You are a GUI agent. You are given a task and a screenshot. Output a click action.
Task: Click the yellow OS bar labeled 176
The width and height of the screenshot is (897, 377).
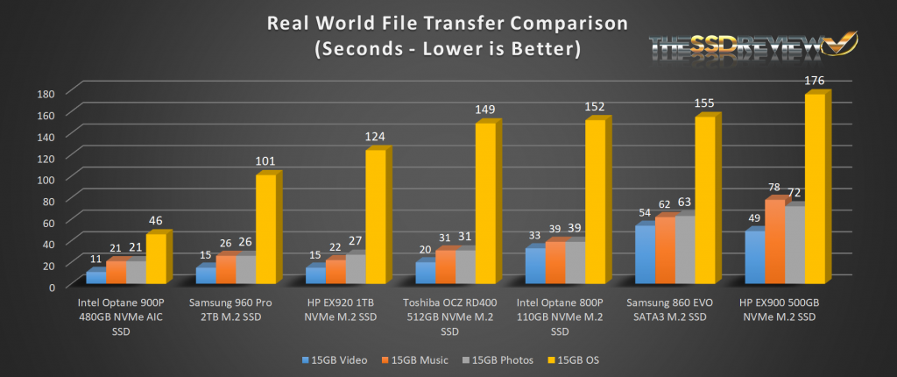(814, 188)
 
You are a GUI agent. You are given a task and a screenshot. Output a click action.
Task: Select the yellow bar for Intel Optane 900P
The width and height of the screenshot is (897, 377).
(156, 258)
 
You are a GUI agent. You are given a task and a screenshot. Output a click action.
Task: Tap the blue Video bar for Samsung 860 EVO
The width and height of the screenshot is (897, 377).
(644, 255)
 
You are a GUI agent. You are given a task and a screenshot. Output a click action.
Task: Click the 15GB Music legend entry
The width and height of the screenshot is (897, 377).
(415, 359)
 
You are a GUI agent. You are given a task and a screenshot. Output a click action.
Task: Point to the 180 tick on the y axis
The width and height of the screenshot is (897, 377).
(46, 93)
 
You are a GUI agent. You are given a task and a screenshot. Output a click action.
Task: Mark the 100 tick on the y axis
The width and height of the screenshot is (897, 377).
(46, 179)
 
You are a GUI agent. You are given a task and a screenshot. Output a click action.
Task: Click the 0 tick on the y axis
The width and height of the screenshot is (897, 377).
(52, 286)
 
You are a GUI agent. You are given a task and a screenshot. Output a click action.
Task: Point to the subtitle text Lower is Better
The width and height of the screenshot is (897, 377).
(506, 48)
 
